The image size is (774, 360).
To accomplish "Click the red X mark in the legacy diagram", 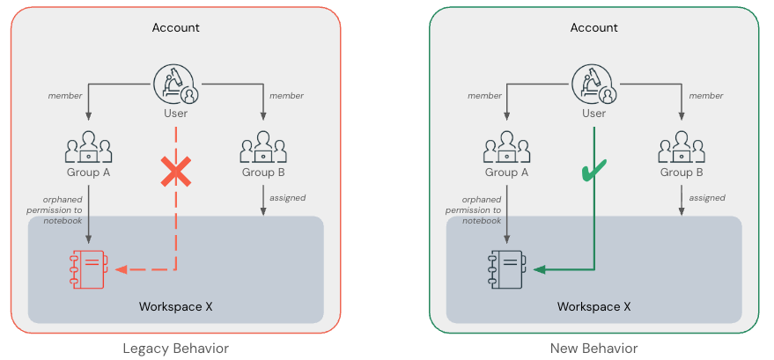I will click(x=175, y=173).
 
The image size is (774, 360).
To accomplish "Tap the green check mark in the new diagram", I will click(x=595, y=171).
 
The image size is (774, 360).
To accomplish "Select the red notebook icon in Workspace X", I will click(x=88, y=269).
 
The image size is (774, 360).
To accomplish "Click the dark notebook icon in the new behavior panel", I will click(x=506, y=269).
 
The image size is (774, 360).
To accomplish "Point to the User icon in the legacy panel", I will click(x=175, y=84).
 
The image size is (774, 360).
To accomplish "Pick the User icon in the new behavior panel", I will click(x=593, y=84).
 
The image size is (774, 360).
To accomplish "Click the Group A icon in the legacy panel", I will click(x=88, y=147).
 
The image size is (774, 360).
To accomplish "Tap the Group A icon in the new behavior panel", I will click(x=506, y=147).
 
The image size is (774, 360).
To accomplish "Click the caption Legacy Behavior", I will click(x=175, y=349).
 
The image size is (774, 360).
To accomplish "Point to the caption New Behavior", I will click(x=593, y=349).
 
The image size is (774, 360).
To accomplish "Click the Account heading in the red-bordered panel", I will click(x=175, y=27).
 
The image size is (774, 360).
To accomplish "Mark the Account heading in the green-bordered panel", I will click(x=593, y=27).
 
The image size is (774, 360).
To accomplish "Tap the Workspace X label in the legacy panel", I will click(x=175, y=306).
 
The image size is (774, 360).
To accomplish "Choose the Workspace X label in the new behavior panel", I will click(x=593, y=306).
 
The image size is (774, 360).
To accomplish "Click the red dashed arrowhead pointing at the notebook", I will click(x=122, y=269).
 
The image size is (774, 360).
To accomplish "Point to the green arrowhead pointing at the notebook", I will click(x=540, y=269).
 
